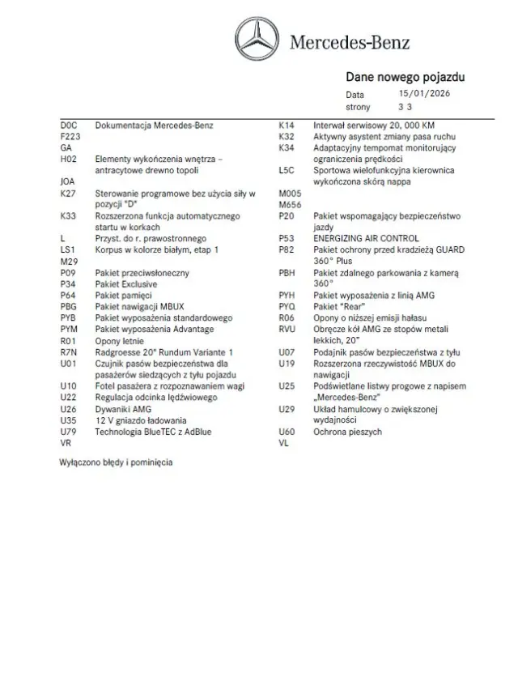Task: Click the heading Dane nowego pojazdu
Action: point(405,78)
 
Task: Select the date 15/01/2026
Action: point(424,94)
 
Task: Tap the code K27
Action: point(68,194)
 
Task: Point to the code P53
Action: point(286,239)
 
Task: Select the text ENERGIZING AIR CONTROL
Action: point(366,239)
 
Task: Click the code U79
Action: point(68,432)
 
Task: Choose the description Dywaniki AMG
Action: point(123,409)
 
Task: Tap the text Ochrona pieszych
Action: point(347,432)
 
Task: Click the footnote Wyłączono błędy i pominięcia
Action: point(115,462)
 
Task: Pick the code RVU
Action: point(287,330)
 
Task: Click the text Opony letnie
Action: point(120,341)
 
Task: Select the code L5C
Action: point(287,171)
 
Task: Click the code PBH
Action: point(287,273)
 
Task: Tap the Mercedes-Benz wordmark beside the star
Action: point(350,42)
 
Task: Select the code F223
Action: point(70,137)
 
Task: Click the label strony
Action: point(358,106)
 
